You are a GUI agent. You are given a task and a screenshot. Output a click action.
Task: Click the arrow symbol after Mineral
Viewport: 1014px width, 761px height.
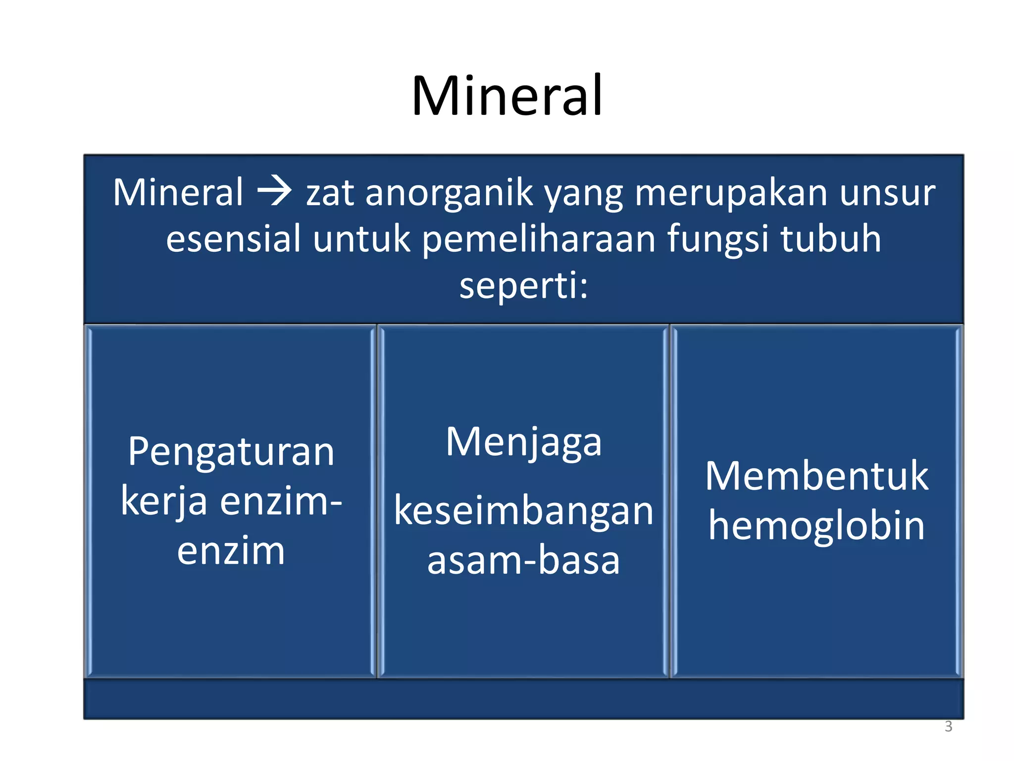tap(274, 192)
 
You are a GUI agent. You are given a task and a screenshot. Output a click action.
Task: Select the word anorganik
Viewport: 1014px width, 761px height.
tap(449, 193)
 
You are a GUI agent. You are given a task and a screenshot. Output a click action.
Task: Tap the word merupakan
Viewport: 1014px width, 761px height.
tap(731, 193)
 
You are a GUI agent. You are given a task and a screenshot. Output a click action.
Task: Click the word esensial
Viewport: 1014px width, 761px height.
tap(233, 239)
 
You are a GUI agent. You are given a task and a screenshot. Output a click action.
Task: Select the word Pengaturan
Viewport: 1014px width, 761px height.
tap(231, 453)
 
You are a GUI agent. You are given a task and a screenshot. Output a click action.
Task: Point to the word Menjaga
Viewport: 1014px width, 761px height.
tap(523, 442)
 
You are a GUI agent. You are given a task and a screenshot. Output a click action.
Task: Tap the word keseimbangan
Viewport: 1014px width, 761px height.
tap(523, 512)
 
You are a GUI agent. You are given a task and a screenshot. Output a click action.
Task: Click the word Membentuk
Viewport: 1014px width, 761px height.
tap(816, 477)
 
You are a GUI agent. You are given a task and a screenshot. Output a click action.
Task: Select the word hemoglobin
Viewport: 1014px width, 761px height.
tap(816, 526)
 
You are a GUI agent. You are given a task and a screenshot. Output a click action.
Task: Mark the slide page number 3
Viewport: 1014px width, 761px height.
tap(948, 726)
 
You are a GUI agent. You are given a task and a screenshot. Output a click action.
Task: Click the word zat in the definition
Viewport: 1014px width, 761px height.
tap(330, 193)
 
